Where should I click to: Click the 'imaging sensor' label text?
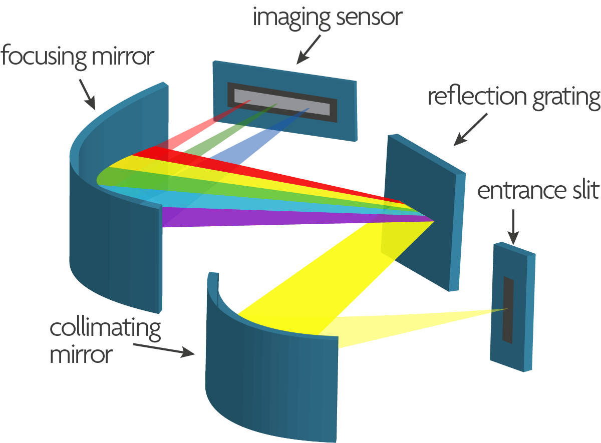[328, 18]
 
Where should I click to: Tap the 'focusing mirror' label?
[77, 57]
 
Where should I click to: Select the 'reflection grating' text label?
[514, 98]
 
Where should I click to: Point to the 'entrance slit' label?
[538, 190]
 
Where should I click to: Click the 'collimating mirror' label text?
[105, 341]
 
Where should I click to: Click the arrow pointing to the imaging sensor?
[309, 50]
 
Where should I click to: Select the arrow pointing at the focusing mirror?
[87, 95]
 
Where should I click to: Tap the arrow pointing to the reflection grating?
[470, 130]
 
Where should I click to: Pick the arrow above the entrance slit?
[513, 227]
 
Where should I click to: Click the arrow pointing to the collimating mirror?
[164, 350]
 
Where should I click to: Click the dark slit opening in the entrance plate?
[508, 310]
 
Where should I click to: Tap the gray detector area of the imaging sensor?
[282, 102]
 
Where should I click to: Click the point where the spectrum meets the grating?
[434, 221]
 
